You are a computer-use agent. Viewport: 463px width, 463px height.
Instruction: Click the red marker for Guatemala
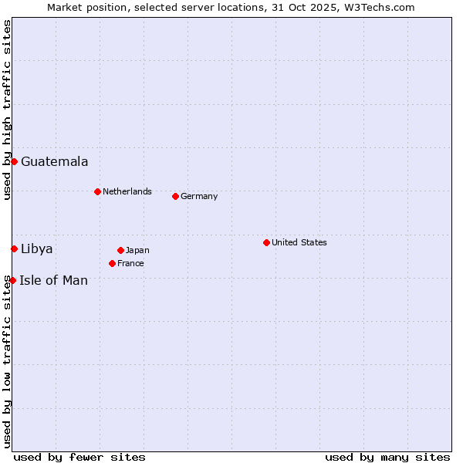click(14, 161)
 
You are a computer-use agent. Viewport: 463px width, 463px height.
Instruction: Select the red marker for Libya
click(14, 248)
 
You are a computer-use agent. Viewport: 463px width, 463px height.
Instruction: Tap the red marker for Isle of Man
click(13, 280)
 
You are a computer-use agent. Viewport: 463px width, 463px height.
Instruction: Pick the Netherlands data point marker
click(97, 191)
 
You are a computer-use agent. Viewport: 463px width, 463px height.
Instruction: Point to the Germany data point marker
click(175, 196)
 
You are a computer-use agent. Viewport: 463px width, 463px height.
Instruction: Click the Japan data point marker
click(120, 250)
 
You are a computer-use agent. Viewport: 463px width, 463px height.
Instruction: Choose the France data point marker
click(112, 263)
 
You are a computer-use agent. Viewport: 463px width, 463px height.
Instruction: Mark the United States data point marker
click(266, 242)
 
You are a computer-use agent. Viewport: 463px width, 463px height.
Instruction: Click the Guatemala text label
click(54, 161)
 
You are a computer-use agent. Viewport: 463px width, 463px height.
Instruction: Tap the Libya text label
click(37, 248)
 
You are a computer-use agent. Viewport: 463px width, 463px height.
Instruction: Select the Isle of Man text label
click(53, 280)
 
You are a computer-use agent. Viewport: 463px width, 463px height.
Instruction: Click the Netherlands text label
click(127, 191)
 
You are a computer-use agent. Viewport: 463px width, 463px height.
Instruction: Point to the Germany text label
click(199, 196)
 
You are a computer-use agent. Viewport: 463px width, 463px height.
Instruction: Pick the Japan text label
click(137, 250)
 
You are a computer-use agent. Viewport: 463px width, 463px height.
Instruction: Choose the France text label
click(130, 263)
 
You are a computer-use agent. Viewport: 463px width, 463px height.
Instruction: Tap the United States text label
click(299, 242)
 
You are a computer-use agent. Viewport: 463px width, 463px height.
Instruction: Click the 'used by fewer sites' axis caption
click(79, 457)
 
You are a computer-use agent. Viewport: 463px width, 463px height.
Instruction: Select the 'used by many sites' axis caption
click(387, 457)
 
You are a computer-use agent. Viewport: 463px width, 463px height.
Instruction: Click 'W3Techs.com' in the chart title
click(380, 7)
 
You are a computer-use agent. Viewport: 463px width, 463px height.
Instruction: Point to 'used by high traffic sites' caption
click(7, 110)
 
